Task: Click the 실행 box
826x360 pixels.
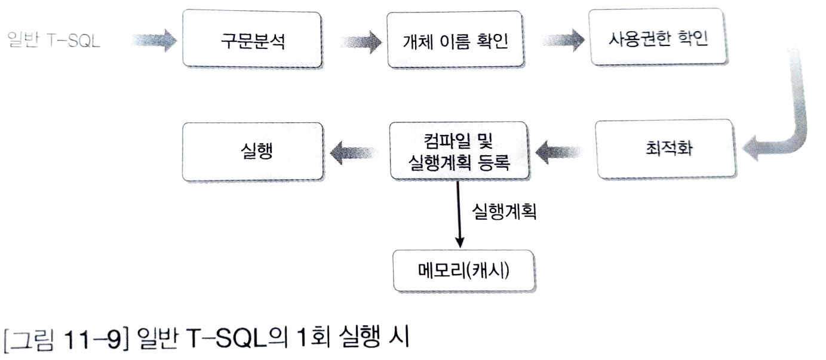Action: [x=253, y=152]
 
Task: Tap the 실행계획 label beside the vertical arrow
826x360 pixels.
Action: [x=504, y=213]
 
